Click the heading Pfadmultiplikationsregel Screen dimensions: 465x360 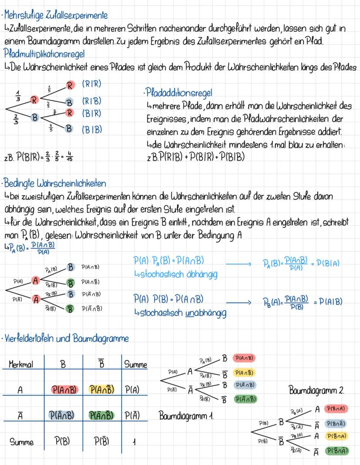point(44,55)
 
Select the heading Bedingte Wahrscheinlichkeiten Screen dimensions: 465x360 point(55,184)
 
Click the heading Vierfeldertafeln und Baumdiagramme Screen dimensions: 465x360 point(66,338)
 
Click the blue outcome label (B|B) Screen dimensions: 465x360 point(91,129)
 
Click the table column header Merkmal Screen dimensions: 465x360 point(20,365)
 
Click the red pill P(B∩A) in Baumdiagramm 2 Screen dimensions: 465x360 point(336,409)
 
